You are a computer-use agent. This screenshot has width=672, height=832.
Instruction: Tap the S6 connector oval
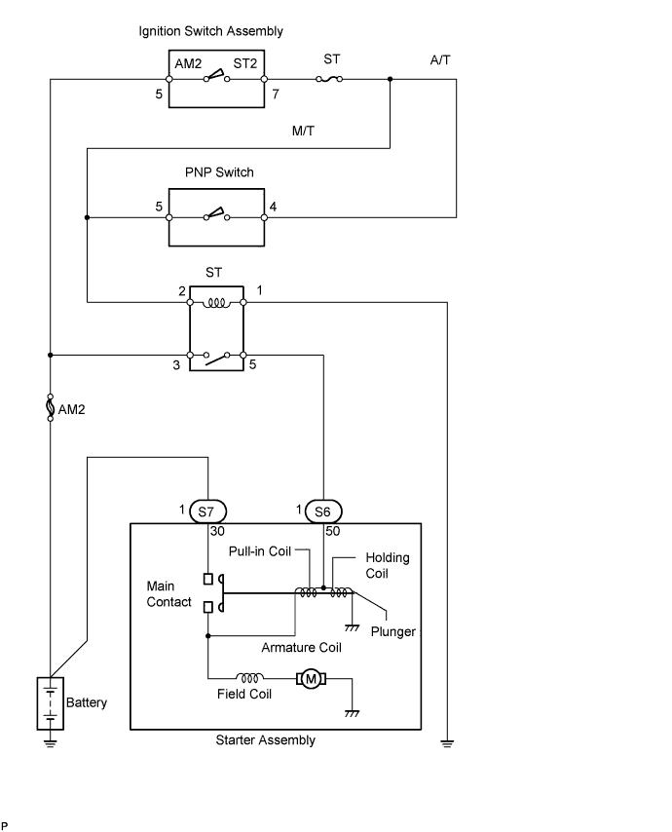323,511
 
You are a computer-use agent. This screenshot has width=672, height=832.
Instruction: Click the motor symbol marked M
313,678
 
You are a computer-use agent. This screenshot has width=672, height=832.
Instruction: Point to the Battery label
87,702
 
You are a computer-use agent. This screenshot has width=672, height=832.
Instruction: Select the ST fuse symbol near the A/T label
331,80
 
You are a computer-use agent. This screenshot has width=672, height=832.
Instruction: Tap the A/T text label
440,59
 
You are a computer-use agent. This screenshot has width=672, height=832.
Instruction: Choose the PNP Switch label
219,172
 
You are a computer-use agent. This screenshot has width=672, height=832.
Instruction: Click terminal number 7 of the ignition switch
276,95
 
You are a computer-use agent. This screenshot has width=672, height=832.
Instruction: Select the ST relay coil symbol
216,302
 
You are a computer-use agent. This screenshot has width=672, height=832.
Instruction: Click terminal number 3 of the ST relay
176,364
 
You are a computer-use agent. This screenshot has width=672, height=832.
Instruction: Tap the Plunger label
393,631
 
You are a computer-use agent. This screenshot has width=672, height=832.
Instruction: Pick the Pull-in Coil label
261,551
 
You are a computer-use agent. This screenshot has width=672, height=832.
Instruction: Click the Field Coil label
244,694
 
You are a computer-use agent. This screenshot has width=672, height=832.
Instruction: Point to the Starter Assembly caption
265,740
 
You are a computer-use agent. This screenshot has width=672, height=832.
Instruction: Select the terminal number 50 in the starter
333,531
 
